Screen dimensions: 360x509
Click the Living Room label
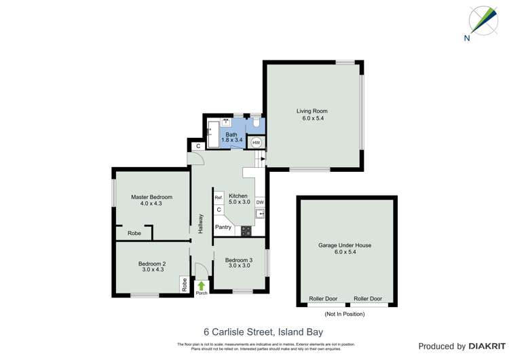312,111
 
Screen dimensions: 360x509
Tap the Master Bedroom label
151,197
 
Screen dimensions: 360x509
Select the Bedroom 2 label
152,264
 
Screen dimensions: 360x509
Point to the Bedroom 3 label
239,260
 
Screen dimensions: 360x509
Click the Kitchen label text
238,196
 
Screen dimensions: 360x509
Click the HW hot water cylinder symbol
256,143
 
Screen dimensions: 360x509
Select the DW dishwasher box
260,202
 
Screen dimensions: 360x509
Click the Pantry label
223,228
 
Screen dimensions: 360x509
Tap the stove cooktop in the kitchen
245,230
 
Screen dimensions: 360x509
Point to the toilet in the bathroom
256,124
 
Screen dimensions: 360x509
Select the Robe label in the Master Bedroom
135,234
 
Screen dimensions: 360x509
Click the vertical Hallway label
201,224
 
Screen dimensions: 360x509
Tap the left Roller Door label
323,299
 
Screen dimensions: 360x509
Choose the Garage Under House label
345,245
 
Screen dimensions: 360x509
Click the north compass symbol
484,20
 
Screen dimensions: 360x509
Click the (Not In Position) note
345,314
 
